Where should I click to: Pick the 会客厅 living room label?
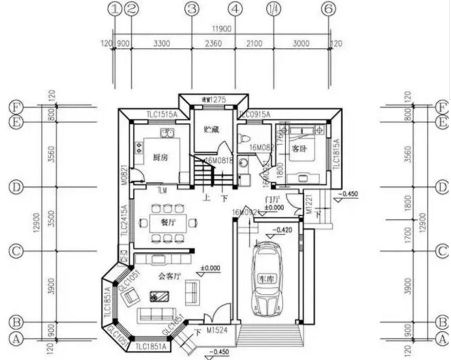[x=170, y=276]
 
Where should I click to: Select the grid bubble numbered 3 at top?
[x=193, y=8]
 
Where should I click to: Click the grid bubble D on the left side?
[x=16, y=187]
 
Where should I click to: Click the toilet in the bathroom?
[x=242, y=137]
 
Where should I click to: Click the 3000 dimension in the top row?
[x=301, y=44]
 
